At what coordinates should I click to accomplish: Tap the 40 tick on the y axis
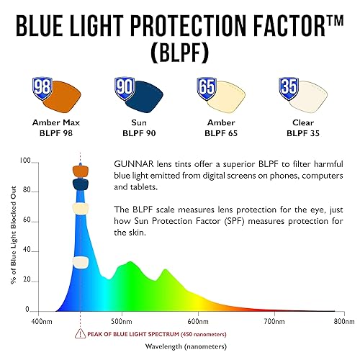click(x=26, y=251)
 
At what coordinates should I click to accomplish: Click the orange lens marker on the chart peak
click(x=80, y=171)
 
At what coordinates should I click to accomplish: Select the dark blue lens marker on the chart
click(x=80, y=184)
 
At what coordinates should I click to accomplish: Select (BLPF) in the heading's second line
click(x=179, y=53)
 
